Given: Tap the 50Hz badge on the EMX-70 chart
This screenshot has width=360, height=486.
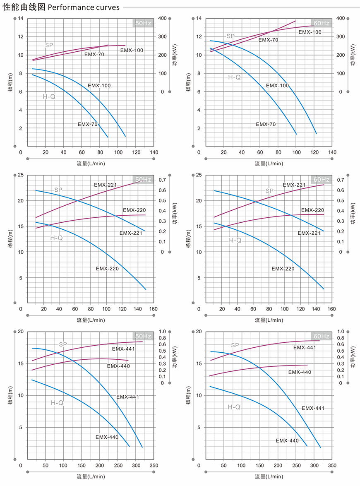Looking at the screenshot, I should point(143,23).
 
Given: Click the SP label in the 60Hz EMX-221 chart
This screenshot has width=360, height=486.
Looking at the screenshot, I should point(269,191).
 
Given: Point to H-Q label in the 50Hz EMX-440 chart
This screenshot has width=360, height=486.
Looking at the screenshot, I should point(57,403).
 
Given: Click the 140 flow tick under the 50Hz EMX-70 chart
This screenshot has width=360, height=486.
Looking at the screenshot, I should point(154,152).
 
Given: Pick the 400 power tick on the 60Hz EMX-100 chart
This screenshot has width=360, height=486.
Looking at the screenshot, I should point(341,19).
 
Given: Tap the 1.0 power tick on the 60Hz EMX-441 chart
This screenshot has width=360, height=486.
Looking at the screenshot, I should point(341,332).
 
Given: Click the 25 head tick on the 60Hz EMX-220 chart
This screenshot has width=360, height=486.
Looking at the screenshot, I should point(199,175).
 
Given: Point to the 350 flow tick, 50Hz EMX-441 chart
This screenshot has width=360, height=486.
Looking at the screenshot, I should point(154,465).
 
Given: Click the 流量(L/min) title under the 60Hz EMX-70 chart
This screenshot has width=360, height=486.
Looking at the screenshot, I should point(269,164).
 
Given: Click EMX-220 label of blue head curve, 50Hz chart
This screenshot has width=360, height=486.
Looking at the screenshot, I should point(107,269).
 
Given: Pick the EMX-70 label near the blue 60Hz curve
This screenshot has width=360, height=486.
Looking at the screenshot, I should point(266,124).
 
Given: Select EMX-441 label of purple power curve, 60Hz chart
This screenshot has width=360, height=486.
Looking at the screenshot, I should point(305,348).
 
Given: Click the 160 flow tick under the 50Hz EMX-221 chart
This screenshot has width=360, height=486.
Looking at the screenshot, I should point(154,309).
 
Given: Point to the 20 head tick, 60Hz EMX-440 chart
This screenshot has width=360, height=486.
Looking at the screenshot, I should point(199,332).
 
